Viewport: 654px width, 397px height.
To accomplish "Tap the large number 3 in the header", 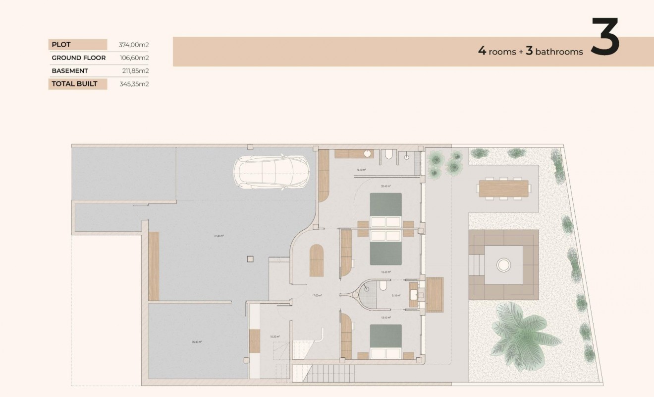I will click(x=605, y=38).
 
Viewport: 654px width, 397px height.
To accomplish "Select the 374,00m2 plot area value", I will click(x=134, y=45).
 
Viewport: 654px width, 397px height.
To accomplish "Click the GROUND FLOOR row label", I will click(x=78, y=58).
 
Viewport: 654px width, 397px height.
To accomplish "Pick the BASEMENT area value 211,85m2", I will click(x=135, y=71).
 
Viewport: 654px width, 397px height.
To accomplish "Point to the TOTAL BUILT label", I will click(x=74, y=84).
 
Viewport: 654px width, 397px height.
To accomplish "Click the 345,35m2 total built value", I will click(x=134, y=84).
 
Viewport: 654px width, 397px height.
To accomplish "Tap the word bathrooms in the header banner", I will click(x=559, y=52).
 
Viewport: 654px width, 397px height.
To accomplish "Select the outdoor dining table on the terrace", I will click(x=503, y=189).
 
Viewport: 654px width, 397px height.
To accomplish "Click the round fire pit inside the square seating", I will click(x=503, y=265).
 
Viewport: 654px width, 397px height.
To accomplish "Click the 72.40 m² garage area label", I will click(x=218, y=236).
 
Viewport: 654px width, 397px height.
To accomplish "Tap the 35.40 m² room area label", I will click(x=196, y=341).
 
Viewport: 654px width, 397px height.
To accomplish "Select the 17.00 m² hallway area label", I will click(x=317, y=295).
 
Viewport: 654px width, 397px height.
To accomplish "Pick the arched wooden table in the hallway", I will click(x=317, y=261).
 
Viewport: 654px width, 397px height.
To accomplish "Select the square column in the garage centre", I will click(x=250, y=258).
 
